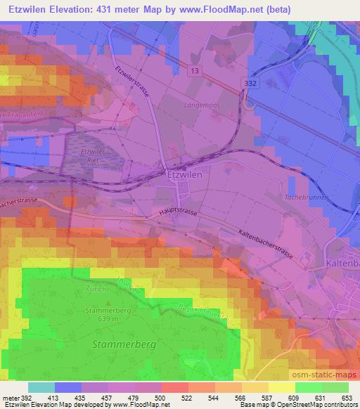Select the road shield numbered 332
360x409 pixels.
click(x=246, y=82)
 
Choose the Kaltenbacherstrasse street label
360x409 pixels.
click(x=254, y=243)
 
